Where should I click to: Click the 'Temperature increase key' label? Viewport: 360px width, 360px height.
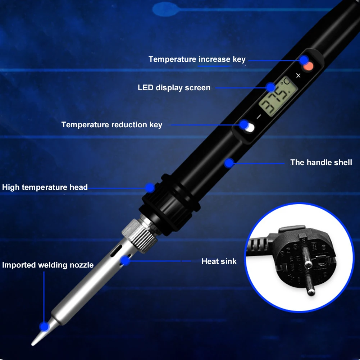tap(197, 59)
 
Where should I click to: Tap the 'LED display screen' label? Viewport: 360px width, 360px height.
tap(174, 88)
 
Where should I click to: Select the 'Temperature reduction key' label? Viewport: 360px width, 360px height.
tap(111, 125)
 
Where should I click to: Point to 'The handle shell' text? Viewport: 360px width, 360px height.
tap(321, 163)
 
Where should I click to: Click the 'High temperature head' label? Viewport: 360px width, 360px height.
tap(45, 187)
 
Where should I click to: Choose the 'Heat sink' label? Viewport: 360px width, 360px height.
tap(219, 261)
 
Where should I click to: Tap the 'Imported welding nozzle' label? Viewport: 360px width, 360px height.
tap(48, 265)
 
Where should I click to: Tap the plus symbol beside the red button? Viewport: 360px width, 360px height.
tap(298, 76)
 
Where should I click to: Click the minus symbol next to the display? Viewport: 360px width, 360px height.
tap(258, 117)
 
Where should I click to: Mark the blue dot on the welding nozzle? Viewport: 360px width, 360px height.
tap(45, 327)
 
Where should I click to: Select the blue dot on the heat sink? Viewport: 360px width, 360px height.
tap(125, 260)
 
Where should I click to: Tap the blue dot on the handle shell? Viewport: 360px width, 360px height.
tap(229, 163)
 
